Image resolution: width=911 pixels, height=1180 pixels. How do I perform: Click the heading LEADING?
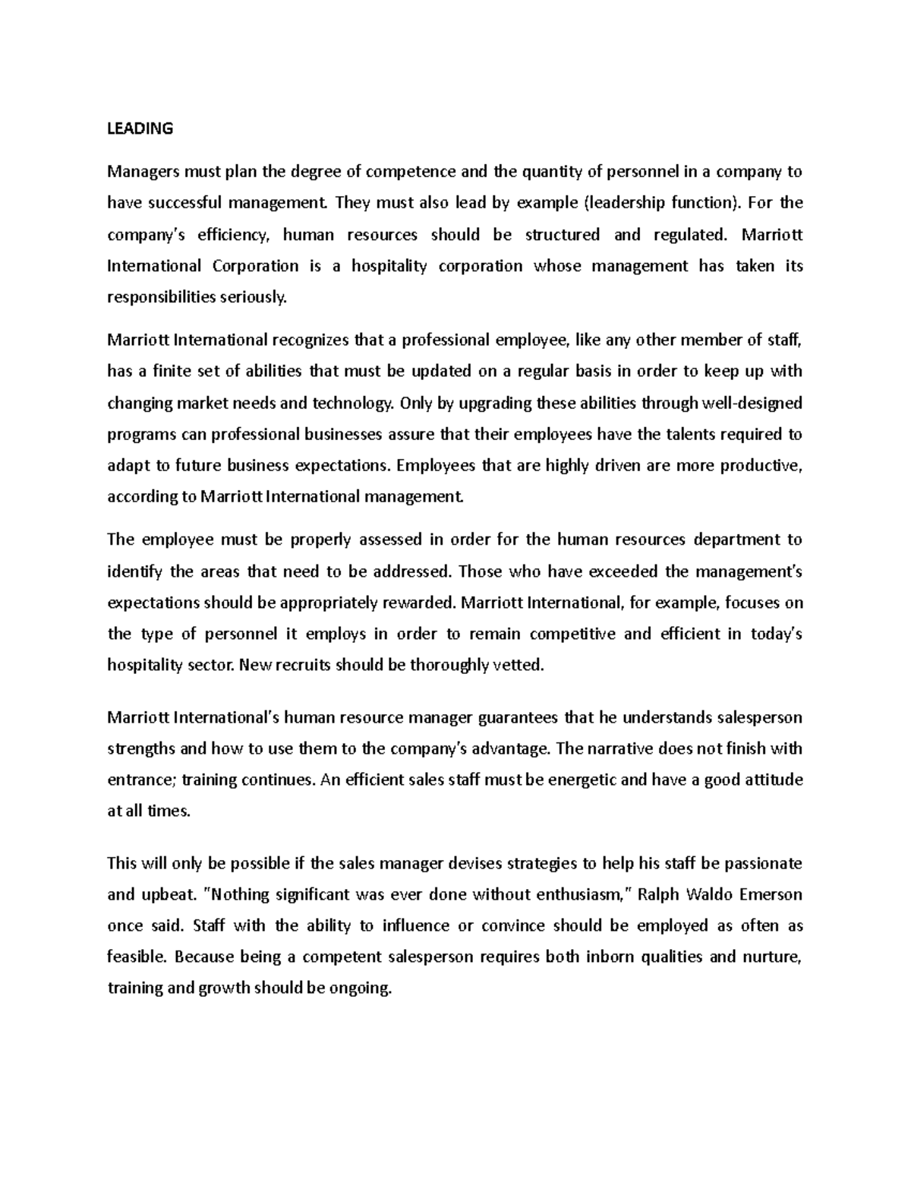[x=140, y=128]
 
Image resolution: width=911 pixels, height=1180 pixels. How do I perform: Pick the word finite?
[x=174, y=372]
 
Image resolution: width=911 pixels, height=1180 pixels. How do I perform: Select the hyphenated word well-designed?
[x=748, y=403]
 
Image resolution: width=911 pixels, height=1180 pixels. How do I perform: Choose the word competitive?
[x=572, y=634]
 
